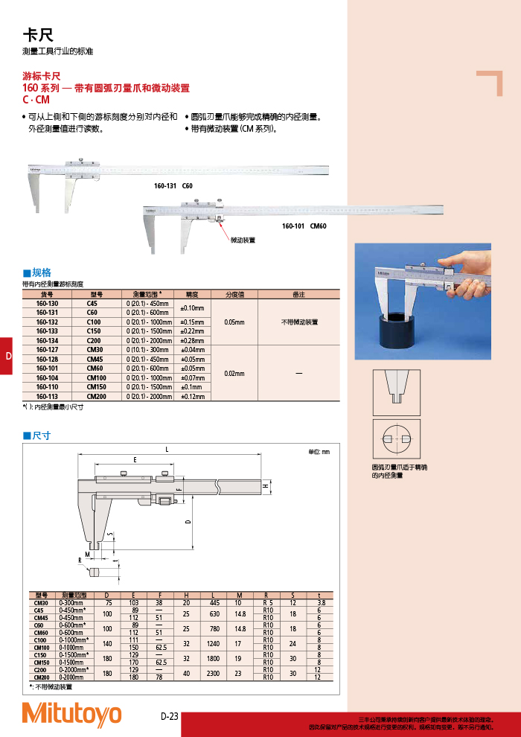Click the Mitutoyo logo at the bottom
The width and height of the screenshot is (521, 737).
coord(71,714)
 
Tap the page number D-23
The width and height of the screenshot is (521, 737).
coord(170,717)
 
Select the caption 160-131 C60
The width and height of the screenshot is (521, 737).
coord(173,185)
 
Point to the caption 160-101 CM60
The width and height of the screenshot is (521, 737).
coord(304,225)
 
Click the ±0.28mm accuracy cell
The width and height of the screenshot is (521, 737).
coord(192,339)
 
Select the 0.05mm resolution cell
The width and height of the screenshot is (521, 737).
coord(235,322)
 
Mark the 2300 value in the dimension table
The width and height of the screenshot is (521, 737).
coord(214,673)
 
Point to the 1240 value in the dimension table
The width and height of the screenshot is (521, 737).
coord(214,642)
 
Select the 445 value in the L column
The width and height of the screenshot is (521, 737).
coord(214,602)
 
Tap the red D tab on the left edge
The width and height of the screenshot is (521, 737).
coord(7,356)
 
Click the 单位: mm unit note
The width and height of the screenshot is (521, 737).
coord(319,452)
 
